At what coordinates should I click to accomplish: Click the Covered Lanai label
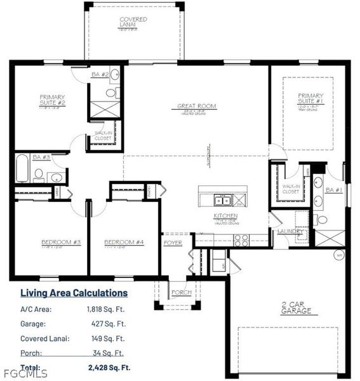click(x=133, y=22)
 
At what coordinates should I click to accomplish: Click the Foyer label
click(x=173, y=243)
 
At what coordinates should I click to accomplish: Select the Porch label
click(x=182, y=293)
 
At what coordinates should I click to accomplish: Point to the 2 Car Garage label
click(x=297, y=307)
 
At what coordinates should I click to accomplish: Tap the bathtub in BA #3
click(x=22, y=168)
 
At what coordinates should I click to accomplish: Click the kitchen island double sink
click(x=222, y=201)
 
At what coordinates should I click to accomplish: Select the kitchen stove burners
click(x=241, y=239)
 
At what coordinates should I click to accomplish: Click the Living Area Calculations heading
click(x=74, y=293)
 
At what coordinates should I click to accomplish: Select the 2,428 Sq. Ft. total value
click(x=109, y=368)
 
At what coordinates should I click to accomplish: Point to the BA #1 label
click(x=334, y=190)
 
